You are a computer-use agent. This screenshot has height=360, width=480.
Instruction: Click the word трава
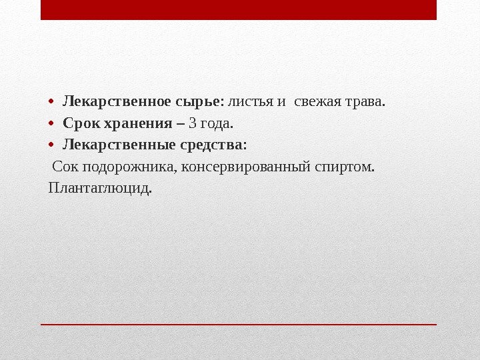click(365, 103)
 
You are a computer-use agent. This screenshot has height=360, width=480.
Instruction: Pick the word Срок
click(80, 123)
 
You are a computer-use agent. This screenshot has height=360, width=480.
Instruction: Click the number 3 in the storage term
click(193, 123)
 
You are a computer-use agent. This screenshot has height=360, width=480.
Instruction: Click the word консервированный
click(246, 165)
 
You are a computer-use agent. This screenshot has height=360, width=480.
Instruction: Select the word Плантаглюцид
click(100, 187)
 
